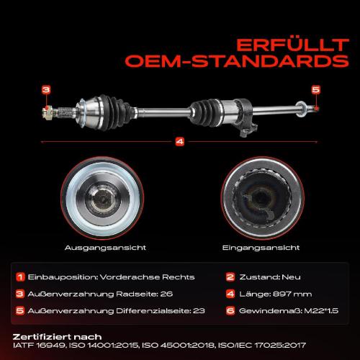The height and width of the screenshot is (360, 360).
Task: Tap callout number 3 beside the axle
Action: pyautogui.click(x=46, y=89)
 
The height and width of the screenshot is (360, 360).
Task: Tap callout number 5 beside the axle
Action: pyautogui.click(x=315, y=89)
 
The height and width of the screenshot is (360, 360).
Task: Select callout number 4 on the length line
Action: pyautogui.click(x=179, y=141)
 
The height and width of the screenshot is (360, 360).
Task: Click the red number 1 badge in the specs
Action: pyautogui.click(x=21, y=276)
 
